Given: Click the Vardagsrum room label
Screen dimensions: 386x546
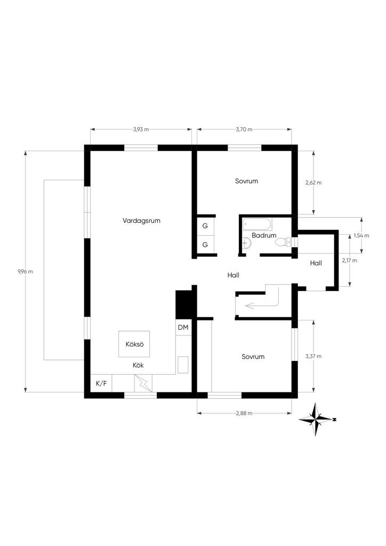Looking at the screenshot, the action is coord(141,221).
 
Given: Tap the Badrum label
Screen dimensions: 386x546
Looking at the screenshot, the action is coord(264,235).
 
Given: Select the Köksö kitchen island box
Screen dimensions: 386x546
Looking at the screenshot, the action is coord(134,344).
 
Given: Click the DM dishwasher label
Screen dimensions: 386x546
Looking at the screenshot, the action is coord(183,327).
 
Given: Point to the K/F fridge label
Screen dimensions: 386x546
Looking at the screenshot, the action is coord(101,384).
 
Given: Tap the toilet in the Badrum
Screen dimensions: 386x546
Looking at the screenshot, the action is coord(283,242).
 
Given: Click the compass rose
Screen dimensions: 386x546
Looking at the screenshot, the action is coord(316,419).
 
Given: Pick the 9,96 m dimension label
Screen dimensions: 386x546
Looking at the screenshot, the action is coord(26,271).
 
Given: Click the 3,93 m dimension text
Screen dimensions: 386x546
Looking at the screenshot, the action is coord(141,130).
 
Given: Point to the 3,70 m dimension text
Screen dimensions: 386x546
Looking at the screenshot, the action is coord(244,130).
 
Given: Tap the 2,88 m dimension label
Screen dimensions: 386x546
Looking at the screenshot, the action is coord(244,413).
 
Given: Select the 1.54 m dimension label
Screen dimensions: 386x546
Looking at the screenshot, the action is coord(361,235).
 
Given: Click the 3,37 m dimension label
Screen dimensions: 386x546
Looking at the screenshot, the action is coord(313,356).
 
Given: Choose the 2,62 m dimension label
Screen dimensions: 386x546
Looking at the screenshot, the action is coord(313,182).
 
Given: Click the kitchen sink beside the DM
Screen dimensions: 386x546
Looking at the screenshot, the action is coord(183,365).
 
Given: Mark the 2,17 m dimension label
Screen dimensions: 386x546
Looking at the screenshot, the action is coord(349,260).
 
